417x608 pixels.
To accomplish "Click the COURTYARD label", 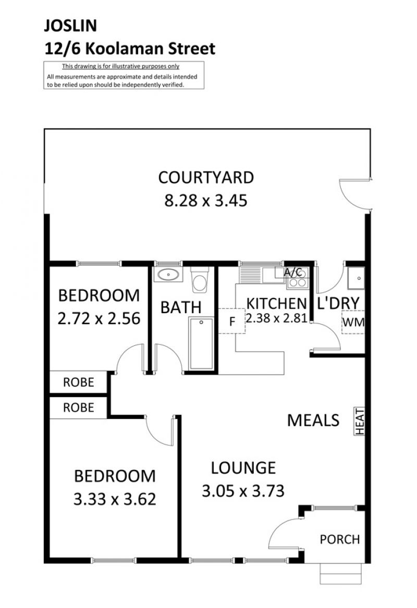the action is (206, 178).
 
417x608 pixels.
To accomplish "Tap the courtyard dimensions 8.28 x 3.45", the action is (206, 201).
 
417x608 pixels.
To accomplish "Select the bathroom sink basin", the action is (168, 275).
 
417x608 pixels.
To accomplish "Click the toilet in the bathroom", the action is (200, 280).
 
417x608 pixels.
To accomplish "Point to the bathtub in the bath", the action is (201, 343).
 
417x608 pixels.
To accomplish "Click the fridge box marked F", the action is (232, 321).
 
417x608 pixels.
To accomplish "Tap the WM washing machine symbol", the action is (353, 322).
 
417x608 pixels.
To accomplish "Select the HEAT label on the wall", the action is (359, 421).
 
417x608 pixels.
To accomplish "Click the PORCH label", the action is (340, 539).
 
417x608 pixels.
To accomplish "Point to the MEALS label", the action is (313, 420).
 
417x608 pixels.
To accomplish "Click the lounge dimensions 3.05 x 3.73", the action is (243, 491).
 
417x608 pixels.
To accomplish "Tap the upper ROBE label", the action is (78, 382).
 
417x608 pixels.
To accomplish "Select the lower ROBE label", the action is (78, 407).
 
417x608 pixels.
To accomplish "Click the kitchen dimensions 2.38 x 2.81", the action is (277, 318).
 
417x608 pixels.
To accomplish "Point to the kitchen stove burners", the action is (298, 278).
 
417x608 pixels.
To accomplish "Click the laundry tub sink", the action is (355, 278).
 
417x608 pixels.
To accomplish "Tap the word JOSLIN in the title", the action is (70, 26).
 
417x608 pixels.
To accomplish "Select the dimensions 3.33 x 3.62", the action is (115, 499).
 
